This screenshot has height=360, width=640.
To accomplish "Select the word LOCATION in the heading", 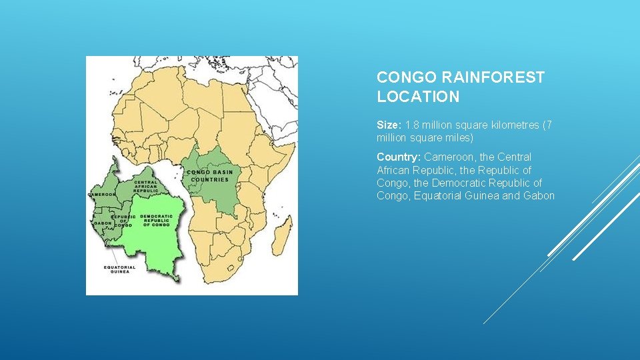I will click(x=418, y=97).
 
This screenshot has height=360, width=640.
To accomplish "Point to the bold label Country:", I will click(x=399, y=157).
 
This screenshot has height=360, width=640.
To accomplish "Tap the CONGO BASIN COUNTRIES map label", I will click(x=211, y=175).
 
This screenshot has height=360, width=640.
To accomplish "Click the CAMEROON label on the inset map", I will click(x=101, y=195).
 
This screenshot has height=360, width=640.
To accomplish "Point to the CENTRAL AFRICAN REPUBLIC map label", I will click(x=146, y=186).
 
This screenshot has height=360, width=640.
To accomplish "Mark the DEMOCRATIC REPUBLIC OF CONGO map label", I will click(x=157, y=221).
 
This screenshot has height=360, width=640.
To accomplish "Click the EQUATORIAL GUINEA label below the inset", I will click(x=119, y=270).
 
